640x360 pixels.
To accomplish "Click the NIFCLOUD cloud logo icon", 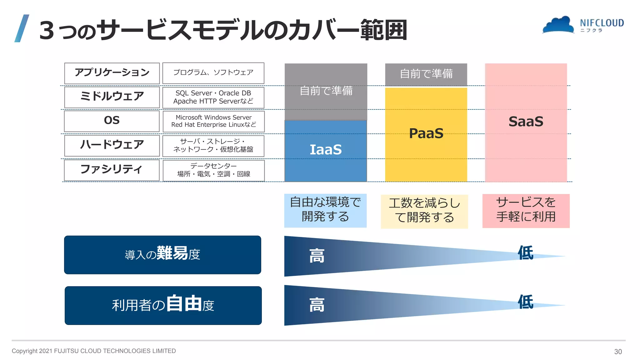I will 558,25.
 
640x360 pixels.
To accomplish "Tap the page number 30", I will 618,352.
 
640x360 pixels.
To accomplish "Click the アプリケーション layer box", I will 112,73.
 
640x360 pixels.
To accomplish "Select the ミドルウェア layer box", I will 112,97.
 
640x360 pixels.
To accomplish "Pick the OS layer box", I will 112,121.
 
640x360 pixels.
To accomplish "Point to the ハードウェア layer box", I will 112,145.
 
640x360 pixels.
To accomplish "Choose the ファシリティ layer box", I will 112,170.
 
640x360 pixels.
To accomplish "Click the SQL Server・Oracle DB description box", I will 213,97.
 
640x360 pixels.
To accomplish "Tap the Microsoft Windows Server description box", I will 213,121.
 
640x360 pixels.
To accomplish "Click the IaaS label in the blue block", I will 326,150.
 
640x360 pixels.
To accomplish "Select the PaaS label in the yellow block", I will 426,133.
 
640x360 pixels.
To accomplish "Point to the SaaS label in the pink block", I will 526,122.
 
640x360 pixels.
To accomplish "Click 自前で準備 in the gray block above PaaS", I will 426,74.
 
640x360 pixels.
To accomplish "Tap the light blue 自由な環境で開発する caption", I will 325,210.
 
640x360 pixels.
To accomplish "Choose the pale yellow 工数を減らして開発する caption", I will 424,211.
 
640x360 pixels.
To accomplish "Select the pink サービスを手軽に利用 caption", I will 526,210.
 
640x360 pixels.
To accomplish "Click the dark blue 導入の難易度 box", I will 162,255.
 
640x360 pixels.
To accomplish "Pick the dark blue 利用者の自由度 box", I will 163,305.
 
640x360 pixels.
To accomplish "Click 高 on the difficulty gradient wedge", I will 317,256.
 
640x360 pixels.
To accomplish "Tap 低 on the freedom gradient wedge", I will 525,302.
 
